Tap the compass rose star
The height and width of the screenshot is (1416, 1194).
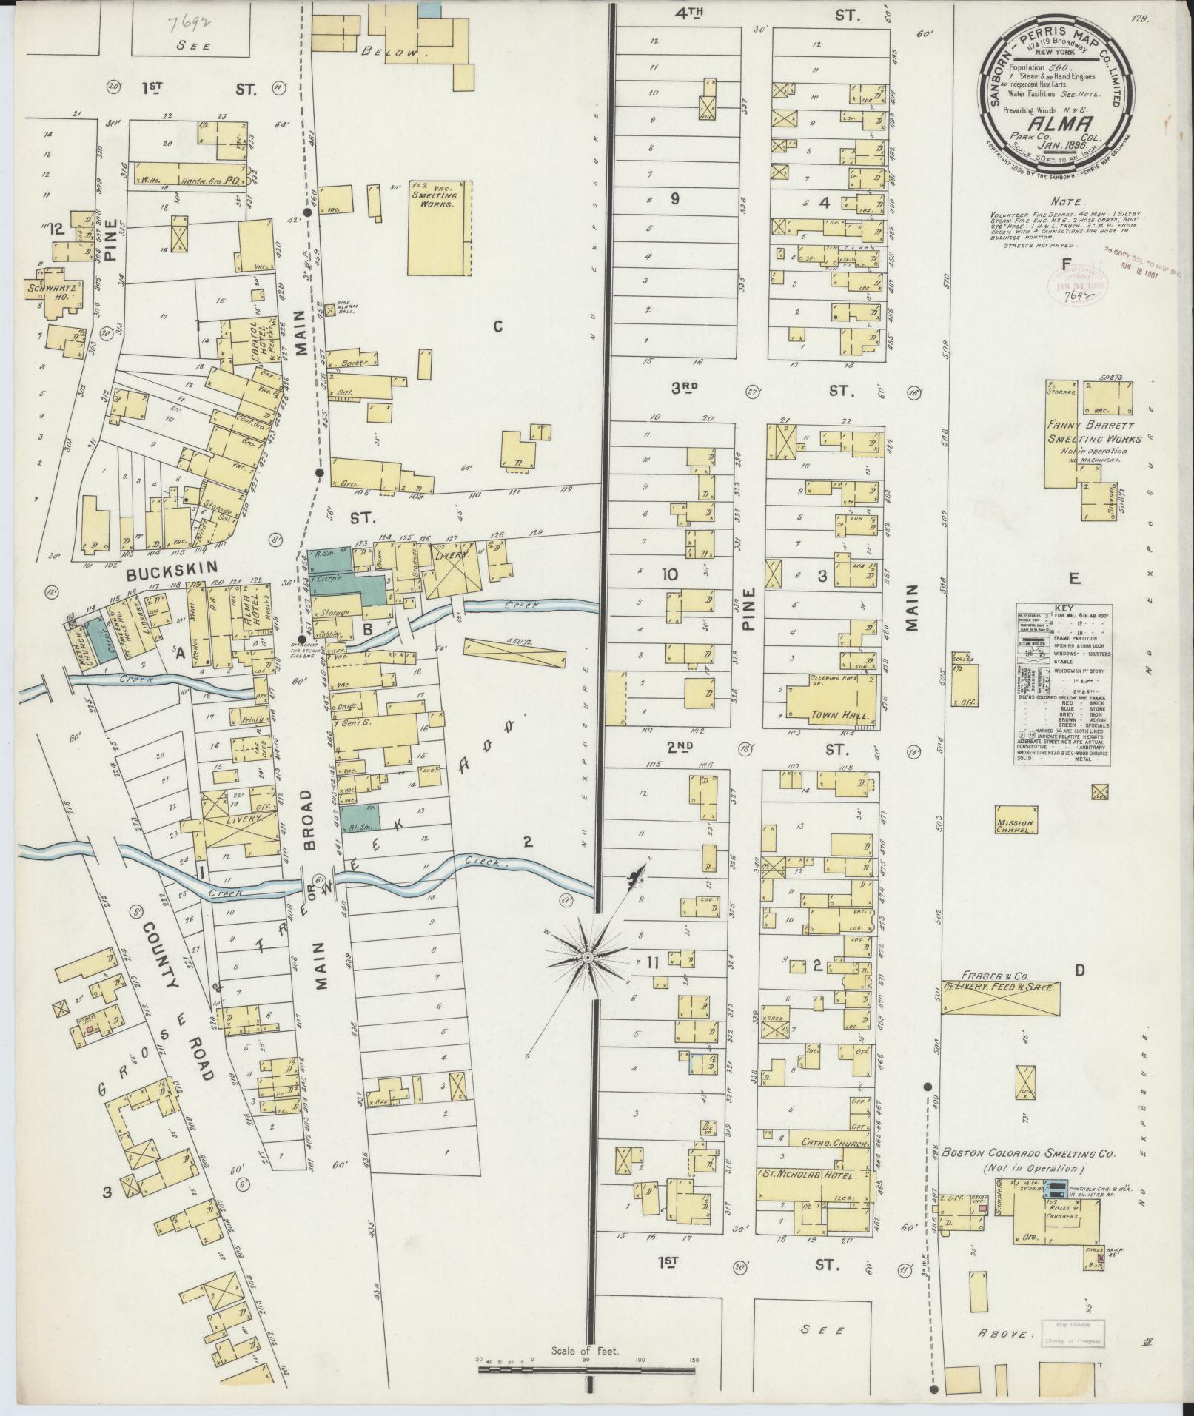tap(586, 957)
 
